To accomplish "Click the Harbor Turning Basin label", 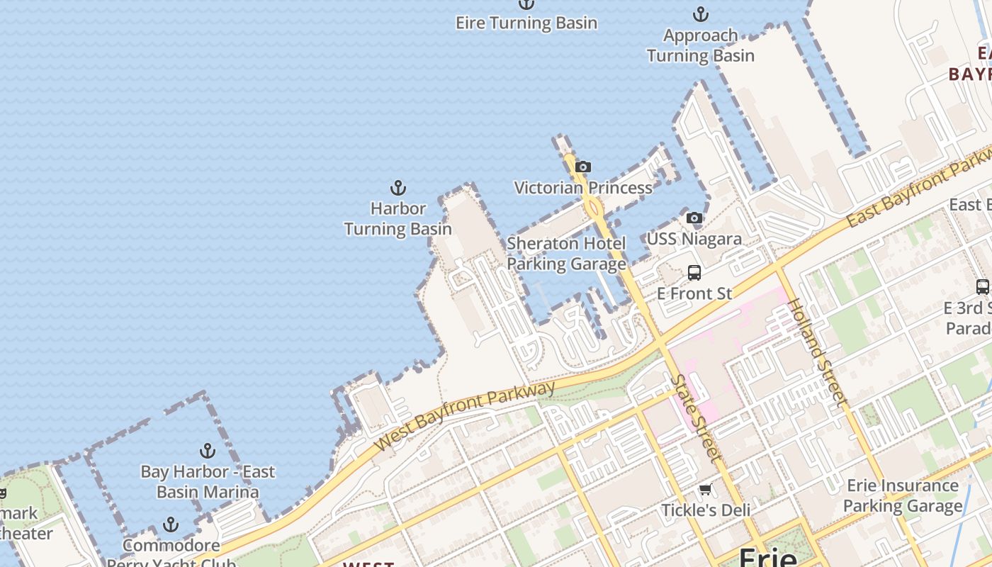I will [x=398, y=219].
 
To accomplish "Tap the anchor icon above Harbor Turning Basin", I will [x=398, y=188].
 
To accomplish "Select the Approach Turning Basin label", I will [x=700, y=45].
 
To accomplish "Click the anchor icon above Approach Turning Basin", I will [x=700, y=14].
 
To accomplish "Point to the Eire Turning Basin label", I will [x=526, y=23].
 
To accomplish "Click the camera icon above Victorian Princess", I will [x=583, y=167].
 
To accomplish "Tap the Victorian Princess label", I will [x=583, y=188].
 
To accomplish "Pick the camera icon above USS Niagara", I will [x=694, y=218].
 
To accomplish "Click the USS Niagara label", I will [x=694, y=239].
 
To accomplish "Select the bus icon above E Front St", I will [x=694, y=273].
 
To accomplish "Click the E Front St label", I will [x=694, y=293].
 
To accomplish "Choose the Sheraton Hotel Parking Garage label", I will [x=566, y=254].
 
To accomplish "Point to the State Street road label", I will [x=697, y=419].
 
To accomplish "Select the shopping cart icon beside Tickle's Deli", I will [x=705, y=490].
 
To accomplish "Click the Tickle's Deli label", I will [x=705, y=510].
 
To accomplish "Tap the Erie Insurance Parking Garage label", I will [x=903, y=496].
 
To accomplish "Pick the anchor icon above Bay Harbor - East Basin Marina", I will [x=207, y=451].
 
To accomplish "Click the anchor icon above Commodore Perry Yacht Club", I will [x=170, y=524].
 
